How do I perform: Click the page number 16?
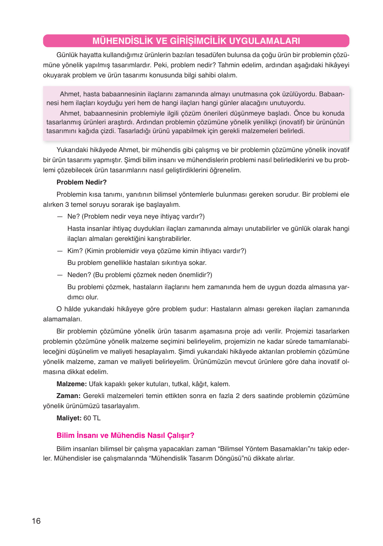coord(36,521)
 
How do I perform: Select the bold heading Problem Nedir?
coord(81,182)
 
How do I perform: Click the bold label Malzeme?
coord(72,384)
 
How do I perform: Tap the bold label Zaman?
coord(68,396)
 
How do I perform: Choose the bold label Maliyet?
coord(69,418)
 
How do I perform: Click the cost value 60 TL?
coord(92,418)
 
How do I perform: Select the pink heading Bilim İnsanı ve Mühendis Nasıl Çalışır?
coord(125,435)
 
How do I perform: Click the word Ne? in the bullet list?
coord(73,216)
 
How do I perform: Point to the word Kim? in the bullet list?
coord(75,251)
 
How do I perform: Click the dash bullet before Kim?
coord(60,251)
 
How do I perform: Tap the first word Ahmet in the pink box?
coord(70,94)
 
